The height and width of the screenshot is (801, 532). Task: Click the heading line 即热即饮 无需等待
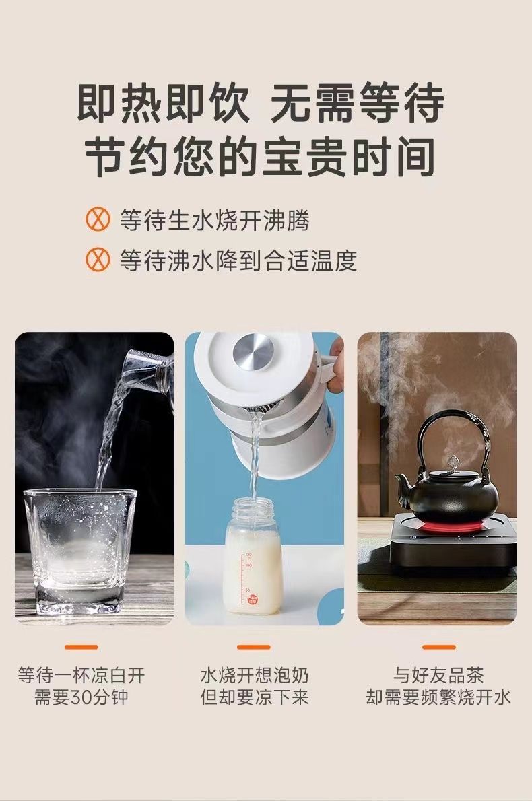tap(261, 104)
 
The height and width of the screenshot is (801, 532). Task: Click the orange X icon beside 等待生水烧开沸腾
tap(97, 220)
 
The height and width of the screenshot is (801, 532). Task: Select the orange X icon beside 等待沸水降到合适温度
tap(97, 260)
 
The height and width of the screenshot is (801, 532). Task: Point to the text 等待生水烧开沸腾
tap(215, 221)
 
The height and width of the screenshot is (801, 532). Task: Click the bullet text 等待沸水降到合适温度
tap(238, 260)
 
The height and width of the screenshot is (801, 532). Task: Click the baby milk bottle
tap(253, 557)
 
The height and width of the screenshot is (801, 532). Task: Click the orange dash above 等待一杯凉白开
tap(81, 647)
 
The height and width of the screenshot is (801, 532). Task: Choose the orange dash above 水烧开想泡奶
tap(253, 647)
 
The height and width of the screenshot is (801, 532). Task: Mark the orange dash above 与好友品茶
tap(438, 647)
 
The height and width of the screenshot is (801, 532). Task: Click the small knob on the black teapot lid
tap(450, 460)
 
